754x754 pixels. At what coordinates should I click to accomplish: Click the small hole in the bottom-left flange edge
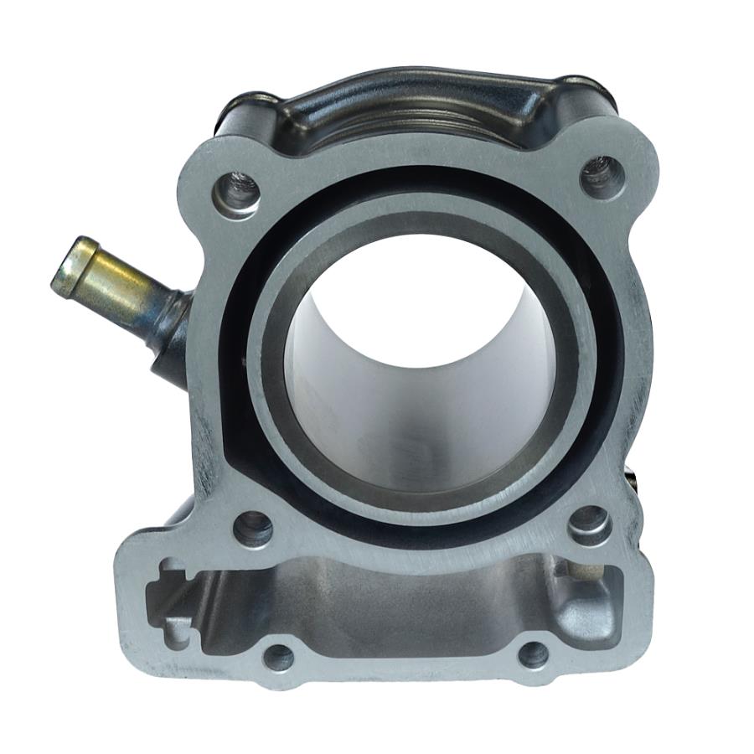tap(279, 656)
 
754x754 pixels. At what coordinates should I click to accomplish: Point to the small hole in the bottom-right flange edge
tap(534, 653)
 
